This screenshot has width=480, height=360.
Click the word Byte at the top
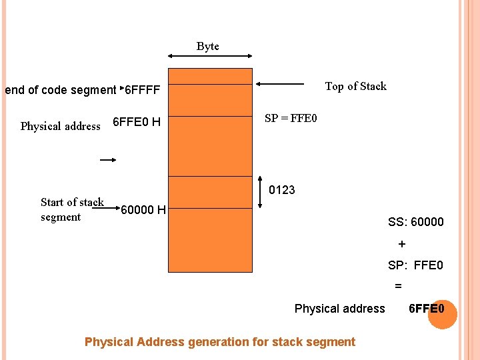(x=208, y=47)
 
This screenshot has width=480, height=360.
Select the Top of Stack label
(x=355, y=86)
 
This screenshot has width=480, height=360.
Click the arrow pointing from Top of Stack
(x=280, y=85)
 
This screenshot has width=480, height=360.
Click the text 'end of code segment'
(x=60, y=90)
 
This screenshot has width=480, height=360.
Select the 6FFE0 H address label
(x=137, y=122)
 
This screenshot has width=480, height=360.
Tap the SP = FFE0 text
(x=291, y=119)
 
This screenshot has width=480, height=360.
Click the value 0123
(x=282, y=190)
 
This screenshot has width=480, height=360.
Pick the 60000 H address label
(x=143, y=211)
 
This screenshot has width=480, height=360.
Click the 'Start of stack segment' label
(x=71, y=209)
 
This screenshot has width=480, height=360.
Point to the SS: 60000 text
(x=415, y=222)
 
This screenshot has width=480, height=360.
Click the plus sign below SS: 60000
(x=401, y=244)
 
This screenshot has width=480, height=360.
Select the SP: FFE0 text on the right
(x=415, y=265)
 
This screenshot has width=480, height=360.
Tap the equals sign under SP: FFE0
(x=398, y=286)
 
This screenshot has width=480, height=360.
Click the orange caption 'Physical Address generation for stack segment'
(x=220, y=342)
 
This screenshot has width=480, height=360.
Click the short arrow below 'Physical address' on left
(x=109, y=160)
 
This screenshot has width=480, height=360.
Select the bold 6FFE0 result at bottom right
(x=427, y=308)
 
